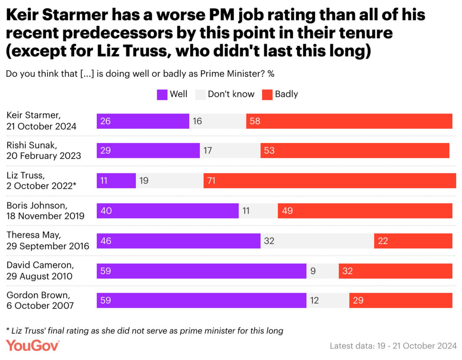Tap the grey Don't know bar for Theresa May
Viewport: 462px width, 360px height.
317,241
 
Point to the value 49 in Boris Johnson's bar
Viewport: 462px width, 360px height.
287,211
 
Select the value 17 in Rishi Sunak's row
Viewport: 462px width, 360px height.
207,151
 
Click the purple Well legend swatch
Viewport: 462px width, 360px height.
162,94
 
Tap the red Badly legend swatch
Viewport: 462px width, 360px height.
267,94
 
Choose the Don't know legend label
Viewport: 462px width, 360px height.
231,94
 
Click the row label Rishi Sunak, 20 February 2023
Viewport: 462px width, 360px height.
43,151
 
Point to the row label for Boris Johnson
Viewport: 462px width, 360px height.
45,211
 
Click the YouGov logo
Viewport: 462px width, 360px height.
33,345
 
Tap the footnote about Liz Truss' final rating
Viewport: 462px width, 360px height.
145,330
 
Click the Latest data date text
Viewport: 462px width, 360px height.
393,346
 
